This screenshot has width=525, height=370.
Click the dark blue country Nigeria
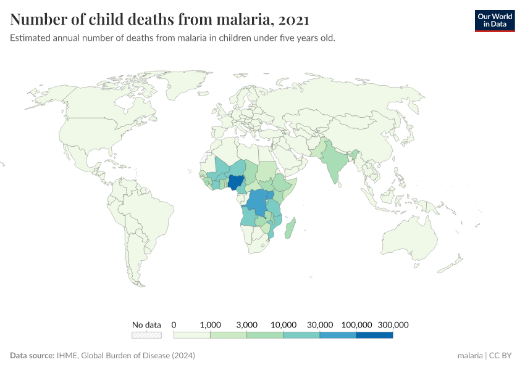tap(235, 183)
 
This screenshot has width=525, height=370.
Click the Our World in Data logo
tap(494, 20)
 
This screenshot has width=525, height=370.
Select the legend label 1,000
tap(211, 324)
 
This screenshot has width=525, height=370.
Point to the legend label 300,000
tap(393, 324)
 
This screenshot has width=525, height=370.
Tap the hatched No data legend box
tap(146, 335)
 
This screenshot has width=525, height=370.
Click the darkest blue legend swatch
tap(375, 335)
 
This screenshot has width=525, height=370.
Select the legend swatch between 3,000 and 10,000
tap(265, 335)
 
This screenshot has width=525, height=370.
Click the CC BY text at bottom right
tap(503, 356)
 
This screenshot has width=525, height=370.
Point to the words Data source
tap(31, 356)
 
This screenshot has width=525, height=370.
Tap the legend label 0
tap(174, 324)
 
